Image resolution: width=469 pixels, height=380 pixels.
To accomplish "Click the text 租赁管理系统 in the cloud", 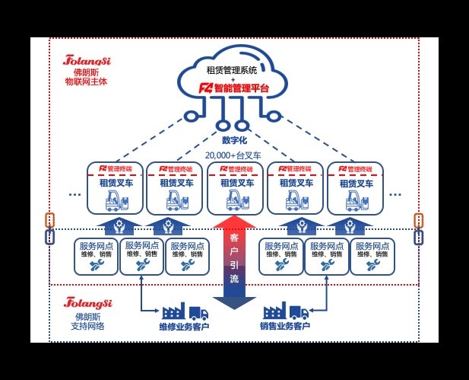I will (233, 71).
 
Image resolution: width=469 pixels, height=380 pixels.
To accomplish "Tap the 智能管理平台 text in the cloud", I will (242, 88).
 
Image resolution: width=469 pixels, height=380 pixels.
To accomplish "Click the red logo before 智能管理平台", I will (205, 88).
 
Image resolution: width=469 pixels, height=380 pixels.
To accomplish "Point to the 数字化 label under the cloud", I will (235, 140).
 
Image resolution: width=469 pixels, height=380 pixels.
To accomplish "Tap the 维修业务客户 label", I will (184, 327).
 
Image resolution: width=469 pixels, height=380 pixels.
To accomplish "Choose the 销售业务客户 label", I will (285, 327).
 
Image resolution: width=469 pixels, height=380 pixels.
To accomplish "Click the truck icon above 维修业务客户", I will (197, 312).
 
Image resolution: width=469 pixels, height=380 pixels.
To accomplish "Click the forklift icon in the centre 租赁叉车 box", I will (233, 200).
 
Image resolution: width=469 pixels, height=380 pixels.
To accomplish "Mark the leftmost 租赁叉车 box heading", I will (114, 183).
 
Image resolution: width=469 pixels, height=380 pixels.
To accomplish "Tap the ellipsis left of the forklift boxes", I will (74, 194).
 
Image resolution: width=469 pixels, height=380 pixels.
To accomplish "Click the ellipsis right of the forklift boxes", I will (395, 194).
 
